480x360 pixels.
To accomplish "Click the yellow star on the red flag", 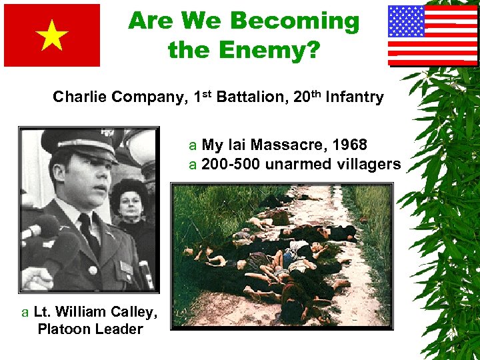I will [52, 36].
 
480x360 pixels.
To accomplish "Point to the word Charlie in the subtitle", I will [77, 97].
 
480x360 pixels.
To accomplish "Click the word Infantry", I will [357, 97].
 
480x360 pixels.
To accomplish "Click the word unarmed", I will [292, 164].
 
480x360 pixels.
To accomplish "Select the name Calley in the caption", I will [137, 312].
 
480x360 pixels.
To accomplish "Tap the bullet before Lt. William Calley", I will [25, 312].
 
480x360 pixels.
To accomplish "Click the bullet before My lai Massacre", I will [193, 145].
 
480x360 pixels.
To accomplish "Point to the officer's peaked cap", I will [73, 141].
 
